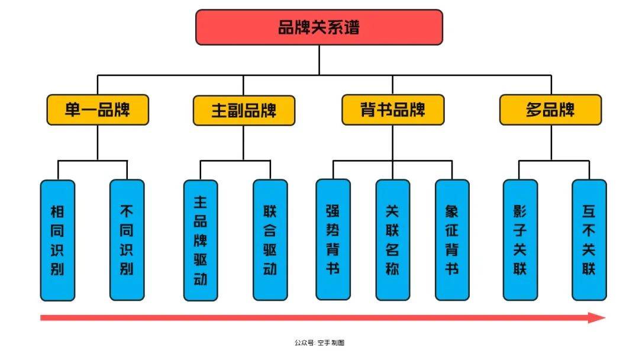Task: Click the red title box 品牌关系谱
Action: (x=319, y=27)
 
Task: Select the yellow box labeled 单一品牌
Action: (x=98, y=110)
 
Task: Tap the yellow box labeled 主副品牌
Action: (x=244, y=111)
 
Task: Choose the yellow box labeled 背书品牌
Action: (x=393, y=110)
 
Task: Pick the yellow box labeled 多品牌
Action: (x=550, y=110)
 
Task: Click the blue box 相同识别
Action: (x=57, y=240)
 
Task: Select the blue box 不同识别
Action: (x=127, y=240)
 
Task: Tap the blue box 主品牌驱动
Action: (x=201, y=240)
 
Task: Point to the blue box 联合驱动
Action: (x=270, y=240)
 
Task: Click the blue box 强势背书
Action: (x=333, y=239)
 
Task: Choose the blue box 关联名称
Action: (x=392, y=239)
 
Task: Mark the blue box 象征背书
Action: (x=452, y=239)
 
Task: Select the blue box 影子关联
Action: (x=520, y=239)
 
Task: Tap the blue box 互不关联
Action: (x=589, y=239)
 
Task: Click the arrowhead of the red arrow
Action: (x=598, y=318)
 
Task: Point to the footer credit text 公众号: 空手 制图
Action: (x=319, y=343)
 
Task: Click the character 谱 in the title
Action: (x=350, y=27)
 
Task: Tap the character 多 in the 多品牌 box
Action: (x=534, y=110)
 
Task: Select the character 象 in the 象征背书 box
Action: (x=452, y=211)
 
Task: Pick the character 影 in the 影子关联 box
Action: (x=520, y=211)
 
